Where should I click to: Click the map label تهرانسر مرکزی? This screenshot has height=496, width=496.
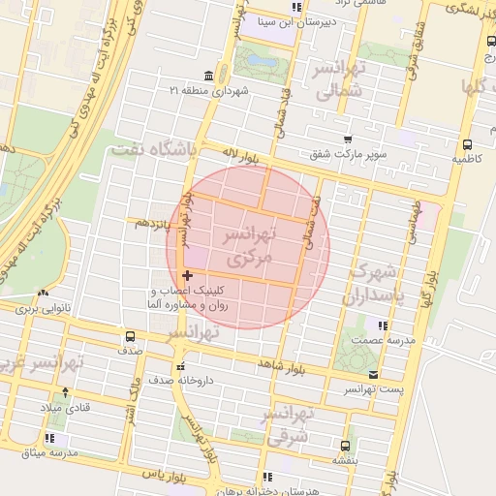[250, 247]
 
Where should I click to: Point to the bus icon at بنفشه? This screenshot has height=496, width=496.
[345, 446]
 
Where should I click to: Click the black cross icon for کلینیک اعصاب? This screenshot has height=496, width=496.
[187, 276]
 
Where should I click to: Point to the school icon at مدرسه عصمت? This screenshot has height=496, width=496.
[384, 325]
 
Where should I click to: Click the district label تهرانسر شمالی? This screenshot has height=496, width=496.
[339, 80]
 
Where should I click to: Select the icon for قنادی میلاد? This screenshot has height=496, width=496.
[65, 392]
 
